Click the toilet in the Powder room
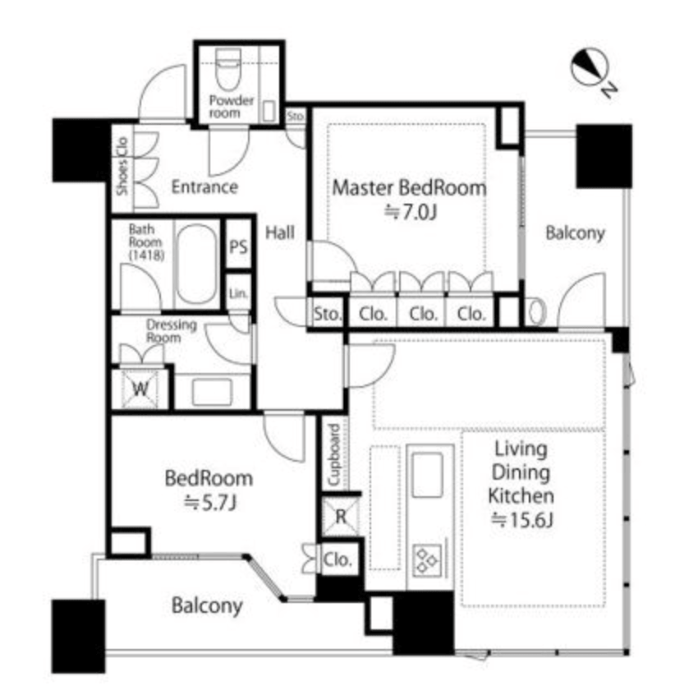tap(228, 68)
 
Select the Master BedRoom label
tap(409, 187)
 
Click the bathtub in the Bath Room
tap(196, 264)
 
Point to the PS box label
tap(238, 246)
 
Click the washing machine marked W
tap(140, 389)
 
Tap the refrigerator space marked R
tap(341, 517)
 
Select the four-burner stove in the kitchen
tap(427, 559)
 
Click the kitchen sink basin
tap(427, 475)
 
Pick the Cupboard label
tap(333, 455)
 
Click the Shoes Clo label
tap(122, 166)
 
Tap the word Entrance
tap(204, 187)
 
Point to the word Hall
tap(280, 232)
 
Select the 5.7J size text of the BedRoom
tap(210, 503)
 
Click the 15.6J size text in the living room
tap(521, 519)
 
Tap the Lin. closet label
tap(238, 293)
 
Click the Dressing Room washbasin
tap(213, 391)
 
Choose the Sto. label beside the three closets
tap(328, 314)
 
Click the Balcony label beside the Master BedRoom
tap(575, 233)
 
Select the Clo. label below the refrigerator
tap(337, 559)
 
